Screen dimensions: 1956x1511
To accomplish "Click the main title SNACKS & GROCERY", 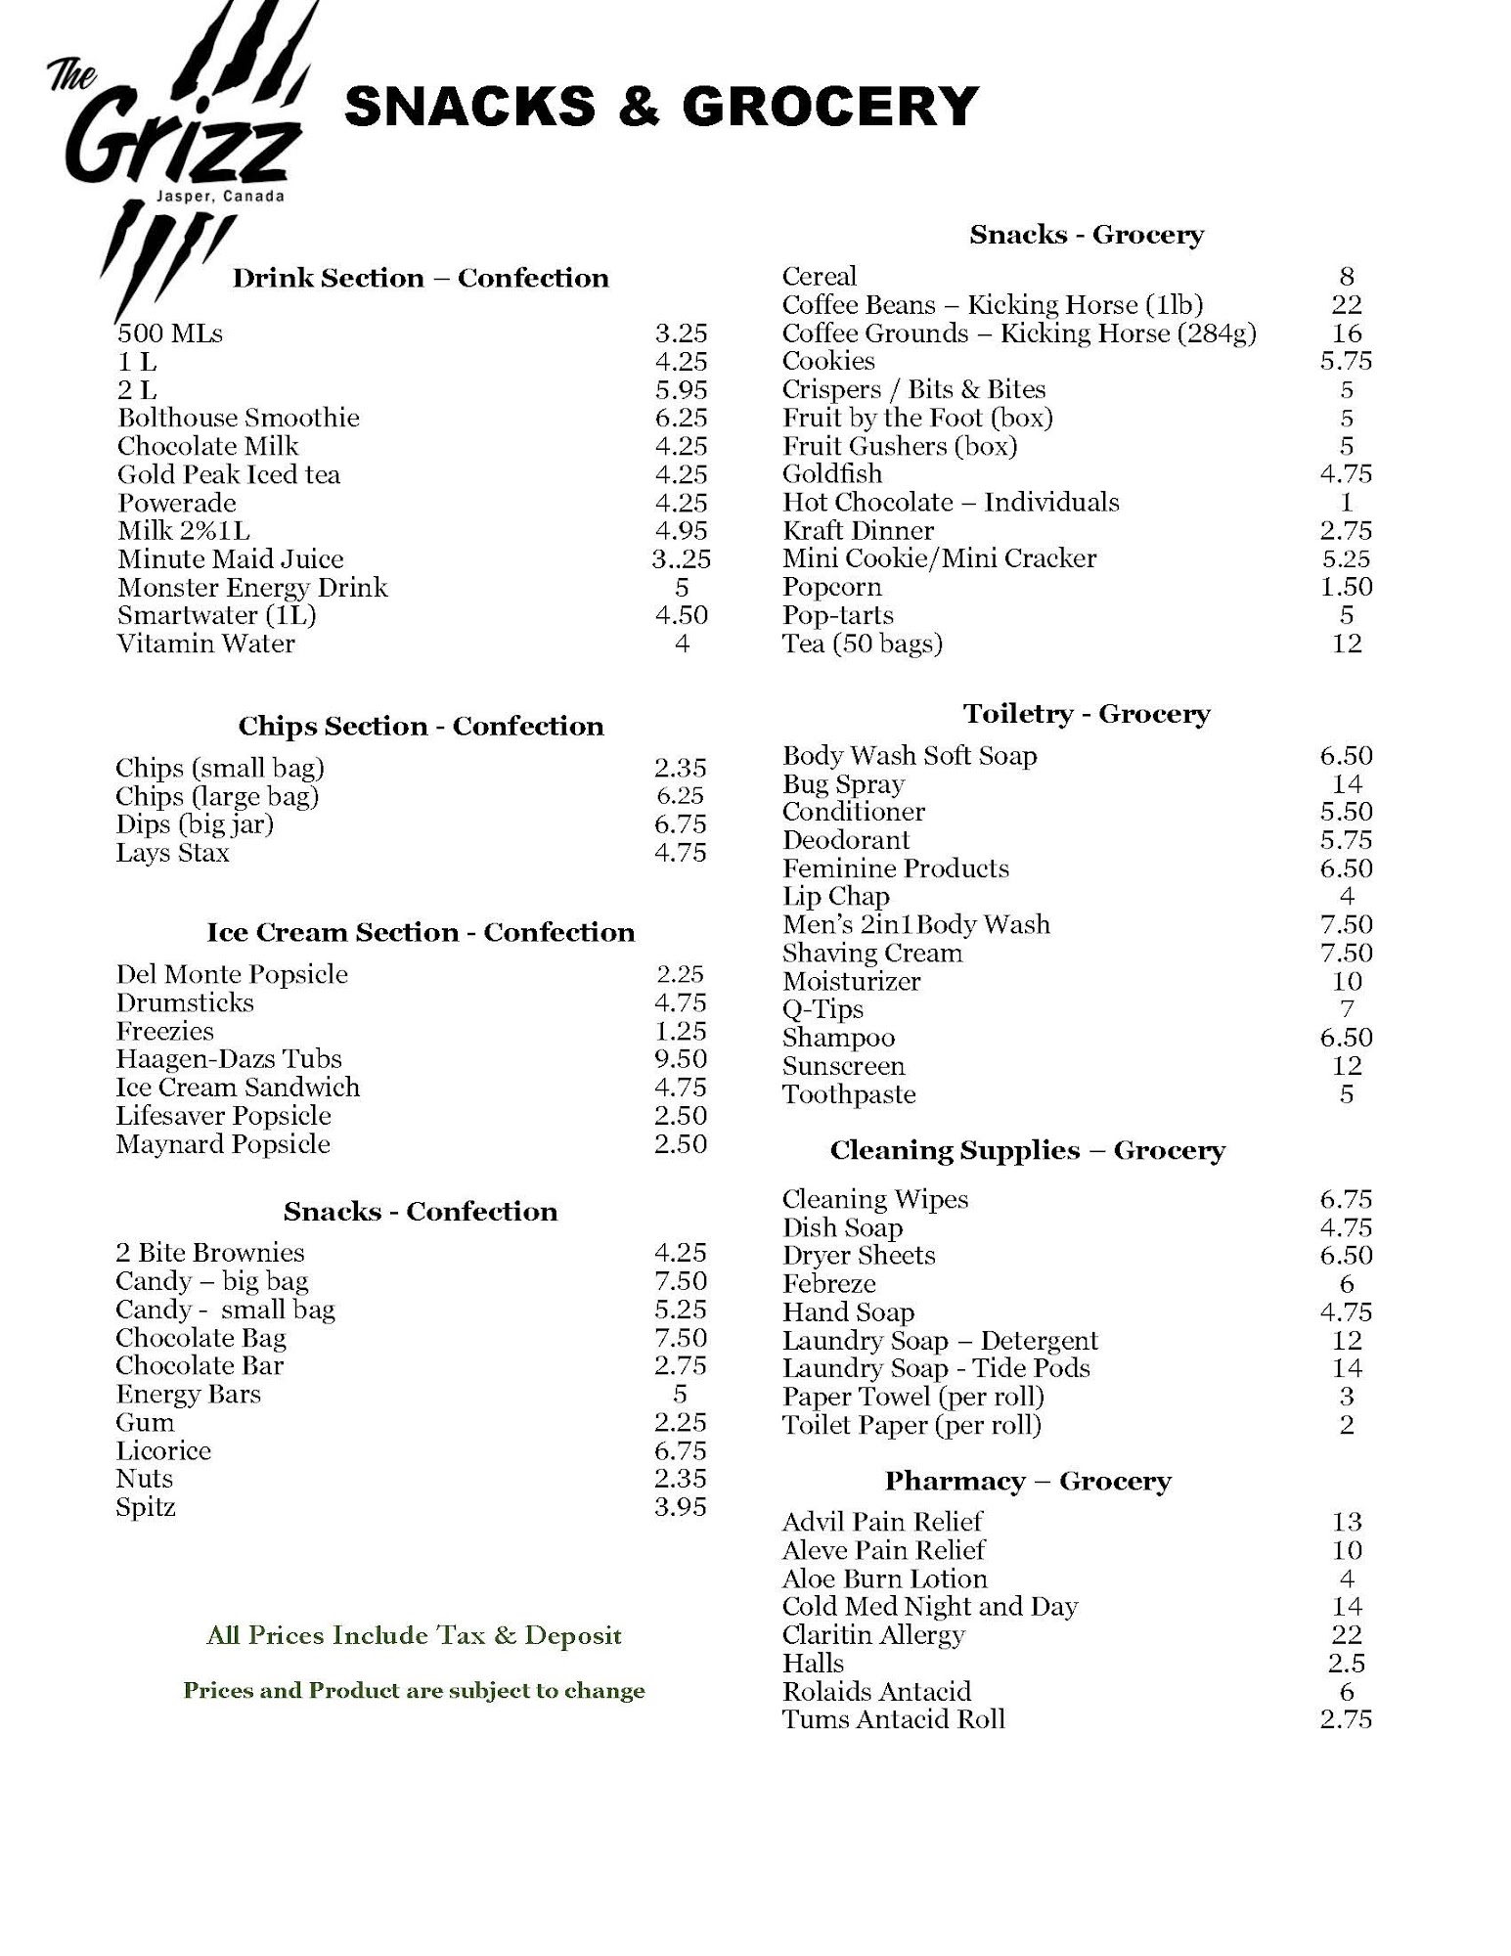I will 661,107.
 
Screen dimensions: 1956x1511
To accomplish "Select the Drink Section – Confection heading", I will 421,279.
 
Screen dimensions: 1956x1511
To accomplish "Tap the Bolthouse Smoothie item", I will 239,419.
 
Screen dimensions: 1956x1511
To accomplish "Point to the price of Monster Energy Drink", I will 682,588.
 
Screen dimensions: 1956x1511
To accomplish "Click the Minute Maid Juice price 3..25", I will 682,559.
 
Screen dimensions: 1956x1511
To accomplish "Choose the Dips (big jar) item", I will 195,824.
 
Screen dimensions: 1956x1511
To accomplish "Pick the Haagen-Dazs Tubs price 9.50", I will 681,1059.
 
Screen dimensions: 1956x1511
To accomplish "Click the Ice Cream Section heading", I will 421,933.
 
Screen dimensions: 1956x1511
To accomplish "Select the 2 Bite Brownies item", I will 210,1253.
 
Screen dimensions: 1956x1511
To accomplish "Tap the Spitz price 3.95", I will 681,1507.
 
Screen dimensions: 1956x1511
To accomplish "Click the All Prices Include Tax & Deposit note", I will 414,1635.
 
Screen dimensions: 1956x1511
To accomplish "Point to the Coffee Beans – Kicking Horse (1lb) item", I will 993,305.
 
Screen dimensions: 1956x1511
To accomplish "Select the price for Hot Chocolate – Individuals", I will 1347,503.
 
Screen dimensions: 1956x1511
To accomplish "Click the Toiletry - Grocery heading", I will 1087,714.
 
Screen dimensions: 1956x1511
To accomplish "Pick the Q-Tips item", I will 823,1009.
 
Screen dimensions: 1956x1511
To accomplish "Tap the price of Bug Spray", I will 1347,784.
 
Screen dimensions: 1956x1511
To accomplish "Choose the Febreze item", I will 829,1284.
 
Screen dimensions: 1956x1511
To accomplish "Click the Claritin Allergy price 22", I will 1347,1635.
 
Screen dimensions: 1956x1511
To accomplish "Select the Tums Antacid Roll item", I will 894,1719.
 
